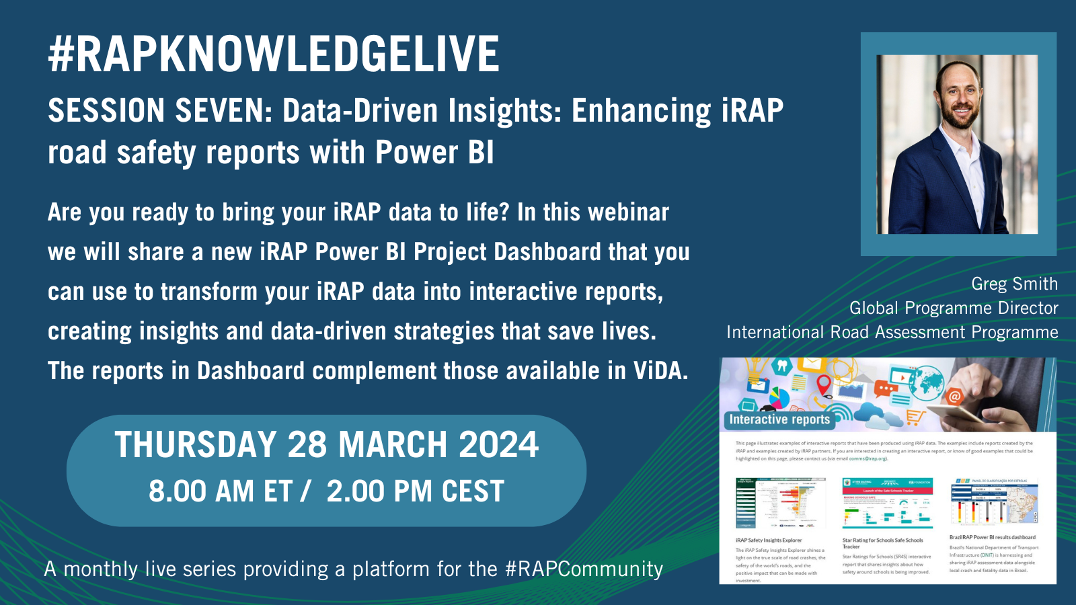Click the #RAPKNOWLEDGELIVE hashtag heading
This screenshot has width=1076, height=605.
(x=274, y=54)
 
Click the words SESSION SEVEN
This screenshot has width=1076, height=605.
(x=159, y=111)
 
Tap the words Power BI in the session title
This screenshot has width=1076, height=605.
(x=434, y=153)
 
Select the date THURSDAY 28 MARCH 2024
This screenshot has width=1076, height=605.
(x=326, y=445)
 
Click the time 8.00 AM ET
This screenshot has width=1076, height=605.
(x=221, y=491)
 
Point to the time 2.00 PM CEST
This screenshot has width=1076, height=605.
(x=415, y=491)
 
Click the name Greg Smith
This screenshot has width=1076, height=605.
(x=1014, y=284)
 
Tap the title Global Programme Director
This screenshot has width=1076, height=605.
(x=954, y=308)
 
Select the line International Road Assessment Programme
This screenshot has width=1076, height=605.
(x=892, y=332)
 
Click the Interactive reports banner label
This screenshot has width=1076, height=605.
(x=779, y=419)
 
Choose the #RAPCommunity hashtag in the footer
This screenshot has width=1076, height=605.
(x=584, y=569)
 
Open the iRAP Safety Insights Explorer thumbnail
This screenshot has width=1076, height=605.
(x=781, y=503)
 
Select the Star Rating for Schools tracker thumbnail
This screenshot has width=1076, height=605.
(x=887, y=503)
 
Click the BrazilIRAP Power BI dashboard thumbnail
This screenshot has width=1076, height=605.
(x=994, y=502)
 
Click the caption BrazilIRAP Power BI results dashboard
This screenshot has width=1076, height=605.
(x=992, y=537)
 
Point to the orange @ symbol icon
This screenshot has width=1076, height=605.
(x=954, y=397)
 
